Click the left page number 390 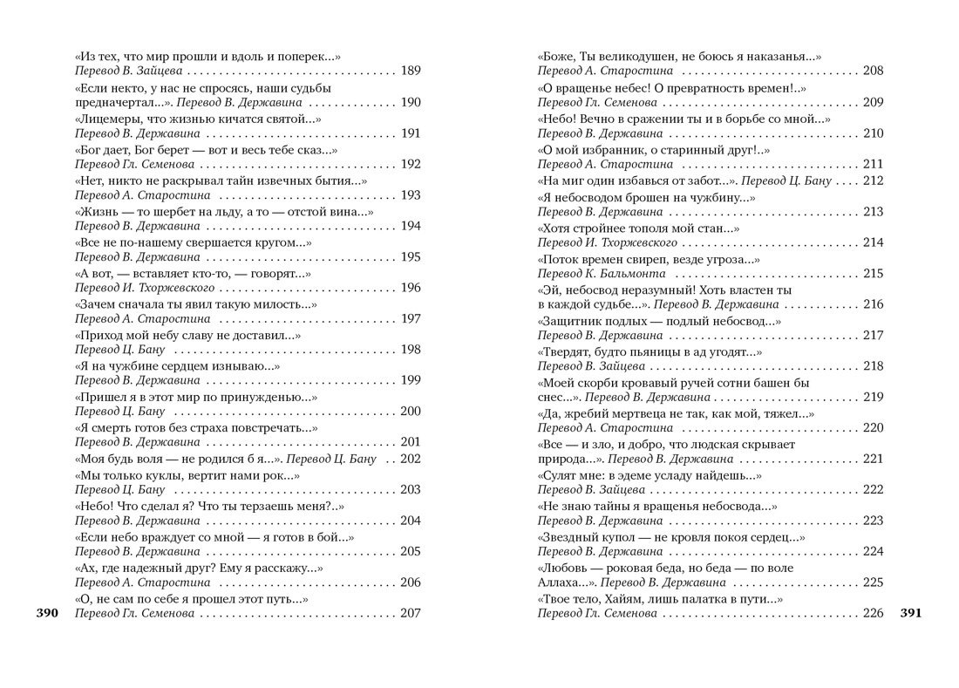pos(46,614)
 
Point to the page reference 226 pos(872,614)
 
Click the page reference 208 pos(872,72)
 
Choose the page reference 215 pos(872,274)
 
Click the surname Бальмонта pos(633,274)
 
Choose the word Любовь pos(564,568)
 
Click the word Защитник pos(570,320)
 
